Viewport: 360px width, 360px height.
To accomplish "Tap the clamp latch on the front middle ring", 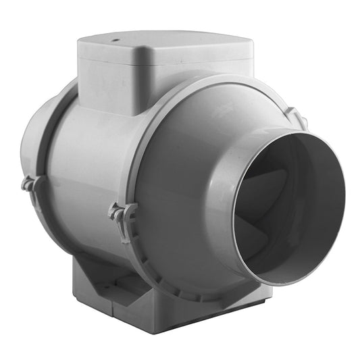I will coord(122,216).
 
